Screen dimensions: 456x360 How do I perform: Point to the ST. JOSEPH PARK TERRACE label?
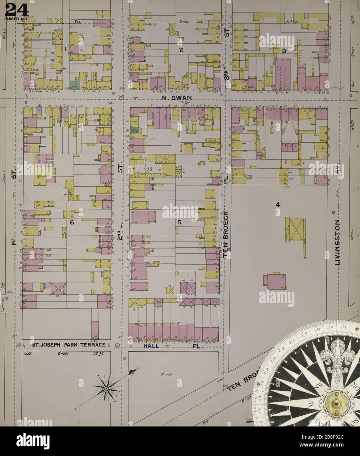pyautogui.click(x=69, y=345)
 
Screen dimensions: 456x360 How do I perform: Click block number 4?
pyautogui.click(x=277, y=205)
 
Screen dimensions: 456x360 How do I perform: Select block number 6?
pyautogui.click(x=72, y=222)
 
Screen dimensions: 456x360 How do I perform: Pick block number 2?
pyautogui.click(x=180, y=50)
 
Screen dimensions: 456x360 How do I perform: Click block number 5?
pyautogui.click(x=179, y=222)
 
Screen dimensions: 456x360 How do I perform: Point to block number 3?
pyautogui.click(x=284, y=51)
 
